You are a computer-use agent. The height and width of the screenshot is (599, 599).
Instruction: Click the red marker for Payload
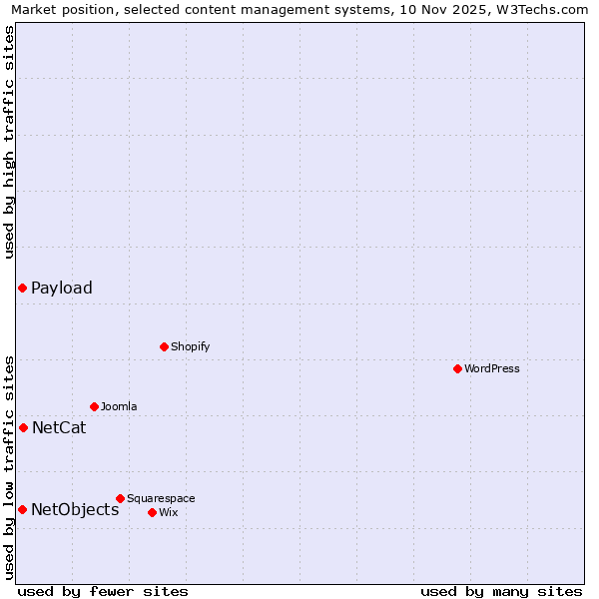click(x=22, y=289)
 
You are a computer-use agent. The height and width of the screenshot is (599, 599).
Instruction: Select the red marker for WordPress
click(x=457, y=368)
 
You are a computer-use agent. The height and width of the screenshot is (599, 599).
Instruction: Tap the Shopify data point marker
click(x=164, y=346)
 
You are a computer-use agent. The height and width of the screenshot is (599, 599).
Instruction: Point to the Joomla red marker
click(x=94, y=406)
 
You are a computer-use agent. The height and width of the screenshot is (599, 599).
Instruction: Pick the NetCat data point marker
click(x=23, y=427)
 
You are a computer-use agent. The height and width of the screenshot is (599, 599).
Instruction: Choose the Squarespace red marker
click(x=120, y=498)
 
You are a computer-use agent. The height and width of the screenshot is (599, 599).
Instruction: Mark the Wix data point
click(x=152, y=512)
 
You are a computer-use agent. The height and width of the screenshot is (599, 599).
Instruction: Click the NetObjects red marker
click(x=22, y=509)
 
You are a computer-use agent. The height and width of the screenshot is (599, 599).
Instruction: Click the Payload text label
click(x=62, y=289)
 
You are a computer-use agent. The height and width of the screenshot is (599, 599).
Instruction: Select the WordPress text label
click(x=492, y=368)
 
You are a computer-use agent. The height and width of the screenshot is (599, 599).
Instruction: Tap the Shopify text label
click(x=190, y=346)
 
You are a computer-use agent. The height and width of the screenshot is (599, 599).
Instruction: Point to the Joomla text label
click(x=119, y=406)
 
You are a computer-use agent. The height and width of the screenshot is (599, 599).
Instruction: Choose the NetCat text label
click(x=59, y=428)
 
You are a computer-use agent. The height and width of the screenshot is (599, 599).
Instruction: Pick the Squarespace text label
click(x=161, y=498)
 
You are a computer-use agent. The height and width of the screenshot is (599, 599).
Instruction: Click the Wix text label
click(x=168, y=512)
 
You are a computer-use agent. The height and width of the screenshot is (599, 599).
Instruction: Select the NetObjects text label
click(x=75, y=510)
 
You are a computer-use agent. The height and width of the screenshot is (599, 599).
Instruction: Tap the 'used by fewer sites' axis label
click(x=103, y=591)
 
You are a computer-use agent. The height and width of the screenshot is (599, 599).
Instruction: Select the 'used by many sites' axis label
click(x=501, y=591)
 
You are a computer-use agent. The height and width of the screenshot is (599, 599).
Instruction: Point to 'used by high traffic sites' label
click(x=10, y=142)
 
